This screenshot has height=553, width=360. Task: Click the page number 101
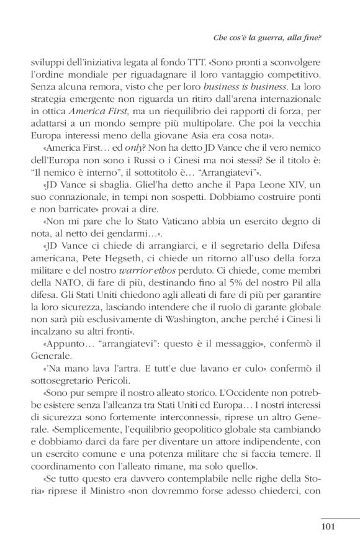(x=328, y=528)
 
